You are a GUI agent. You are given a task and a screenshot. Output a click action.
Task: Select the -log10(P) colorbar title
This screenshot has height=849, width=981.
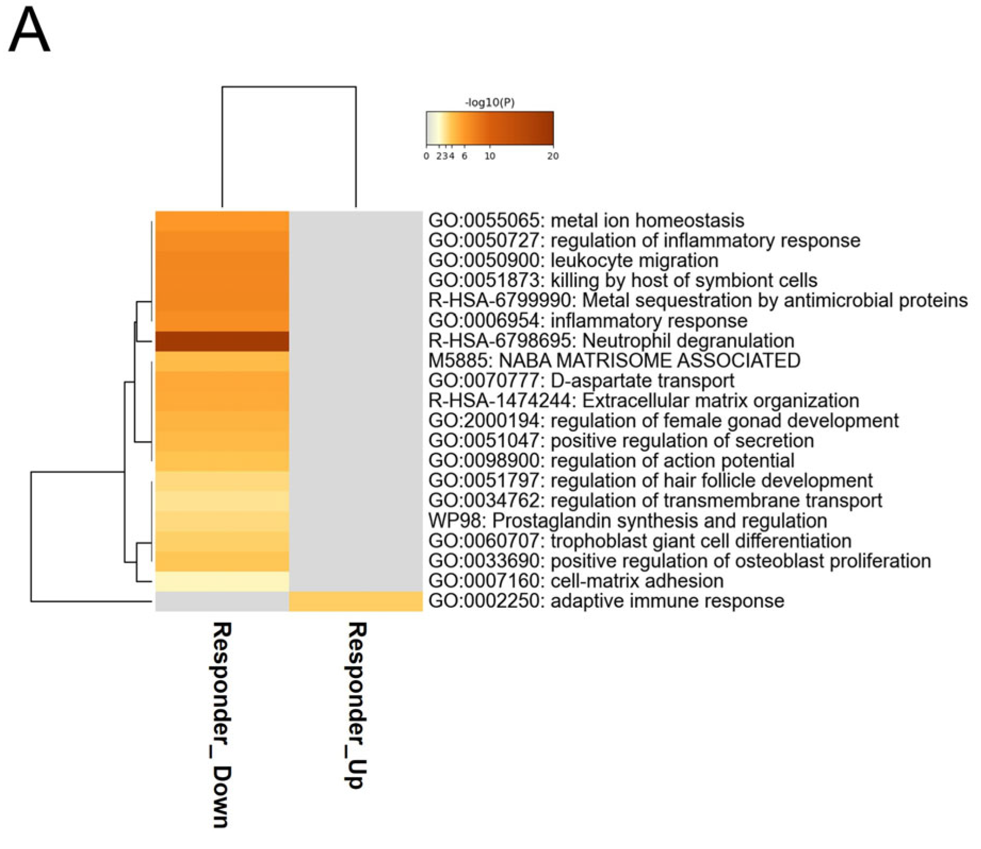[490, 102]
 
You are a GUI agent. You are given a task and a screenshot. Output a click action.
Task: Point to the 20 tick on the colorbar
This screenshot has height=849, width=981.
[553, 156]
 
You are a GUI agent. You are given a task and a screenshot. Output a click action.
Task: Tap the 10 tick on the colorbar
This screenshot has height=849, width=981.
[490, 156]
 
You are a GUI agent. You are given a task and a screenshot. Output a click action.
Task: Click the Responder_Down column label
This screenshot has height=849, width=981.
[221, 724]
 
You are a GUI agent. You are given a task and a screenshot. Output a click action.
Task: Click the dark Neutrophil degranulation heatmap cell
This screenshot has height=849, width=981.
[222, 341]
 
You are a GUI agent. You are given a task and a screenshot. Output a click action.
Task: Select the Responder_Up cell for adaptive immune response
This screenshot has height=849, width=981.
[355, 601]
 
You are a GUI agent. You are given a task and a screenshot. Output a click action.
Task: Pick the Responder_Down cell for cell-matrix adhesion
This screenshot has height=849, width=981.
[222, 581]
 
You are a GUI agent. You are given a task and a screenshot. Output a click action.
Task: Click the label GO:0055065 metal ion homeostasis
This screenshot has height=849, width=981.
[586, 221]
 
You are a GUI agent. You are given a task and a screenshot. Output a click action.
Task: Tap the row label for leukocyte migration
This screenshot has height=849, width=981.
[573, 260]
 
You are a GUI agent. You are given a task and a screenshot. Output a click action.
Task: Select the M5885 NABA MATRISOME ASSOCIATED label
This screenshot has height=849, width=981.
[614, 361]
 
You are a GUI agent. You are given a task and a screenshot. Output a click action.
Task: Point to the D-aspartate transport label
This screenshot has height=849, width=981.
[581, 381]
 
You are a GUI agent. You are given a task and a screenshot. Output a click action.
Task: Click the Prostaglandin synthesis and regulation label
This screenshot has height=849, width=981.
[628, 520]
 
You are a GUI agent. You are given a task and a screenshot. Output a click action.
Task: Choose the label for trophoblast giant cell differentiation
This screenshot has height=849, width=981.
[639, 541]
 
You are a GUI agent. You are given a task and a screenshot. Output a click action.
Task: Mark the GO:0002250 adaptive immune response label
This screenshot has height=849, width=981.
[606, 601]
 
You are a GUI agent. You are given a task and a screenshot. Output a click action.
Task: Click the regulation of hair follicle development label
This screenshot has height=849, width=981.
[650, 480]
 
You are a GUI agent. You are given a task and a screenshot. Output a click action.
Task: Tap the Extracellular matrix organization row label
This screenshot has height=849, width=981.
[643, 401]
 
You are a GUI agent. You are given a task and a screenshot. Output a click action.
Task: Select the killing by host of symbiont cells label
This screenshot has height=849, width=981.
[622, 280]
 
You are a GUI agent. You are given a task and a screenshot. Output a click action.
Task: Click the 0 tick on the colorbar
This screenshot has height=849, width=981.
[426, 156]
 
